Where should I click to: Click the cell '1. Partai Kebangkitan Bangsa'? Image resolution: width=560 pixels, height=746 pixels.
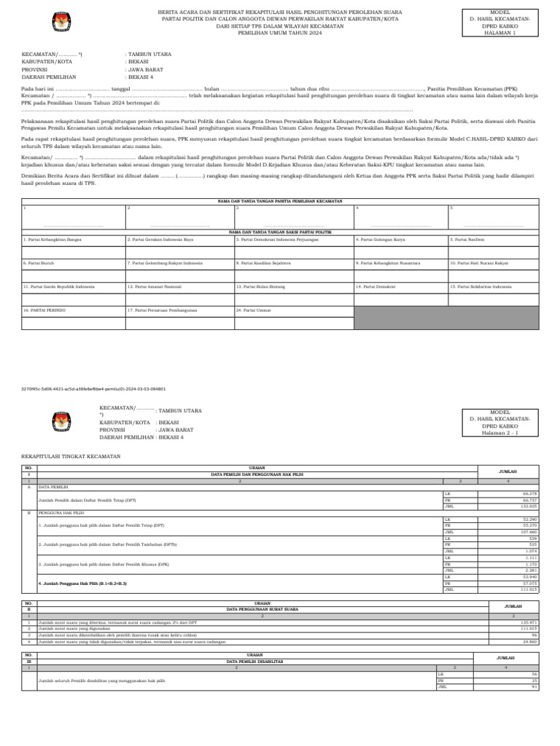[x=52, y=239]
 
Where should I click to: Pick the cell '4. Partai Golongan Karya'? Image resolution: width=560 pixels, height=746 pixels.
[x=381, y=239]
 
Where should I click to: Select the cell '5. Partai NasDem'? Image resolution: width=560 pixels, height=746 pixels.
[x=467, y=239]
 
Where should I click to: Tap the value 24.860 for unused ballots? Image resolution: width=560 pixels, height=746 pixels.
[x=529, y=642]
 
